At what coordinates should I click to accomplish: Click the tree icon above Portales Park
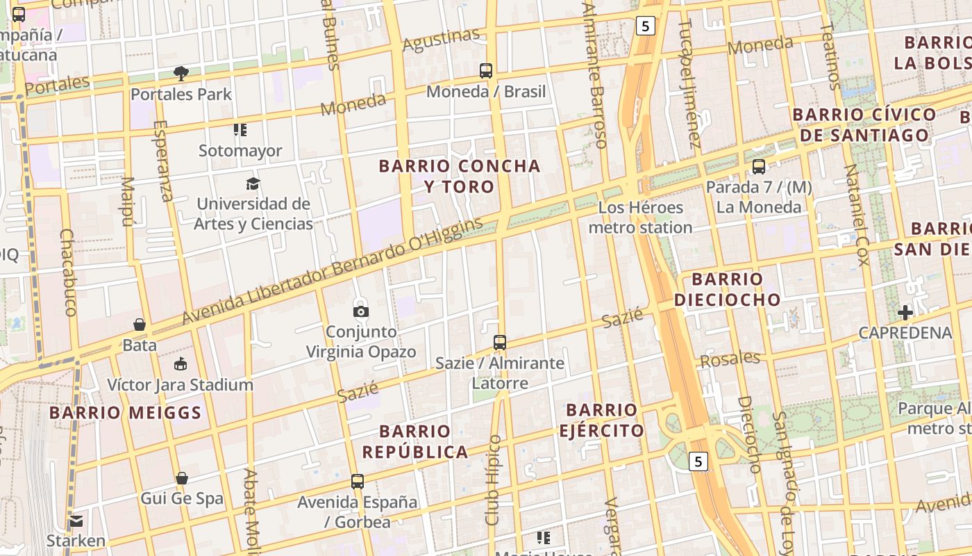tap(181, 73)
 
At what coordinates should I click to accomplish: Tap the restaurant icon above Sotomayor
tap(240, 130)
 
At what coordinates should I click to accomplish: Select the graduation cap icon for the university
tap(253, 183)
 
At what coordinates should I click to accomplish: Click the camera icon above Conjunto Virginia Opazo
tap(361, 311)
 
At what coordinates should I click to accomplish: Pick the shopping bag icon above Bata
tap(140, 325)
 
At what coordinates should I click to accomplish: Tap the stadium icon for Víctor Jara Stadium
tap(181, 363)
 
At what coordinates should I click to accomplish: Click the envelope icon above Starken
tap(76, 521)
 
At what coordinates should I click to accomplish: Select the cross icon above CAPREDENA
tap(905, 312)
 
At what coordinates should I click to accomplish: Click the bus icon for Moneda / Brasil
tap(486, 70)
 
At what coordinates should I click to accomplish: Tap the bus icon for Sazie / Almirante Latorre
tap(500, 342)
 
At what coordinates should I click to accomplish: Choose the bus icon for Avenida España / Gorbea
tap(358, 481)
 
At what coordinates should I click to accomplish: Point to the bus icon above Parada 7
tap(759, 167)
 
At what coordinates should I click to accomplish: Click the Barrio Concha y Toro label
tap(460, 176)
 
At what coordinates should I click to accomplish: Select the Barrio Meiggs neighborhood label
tap(125, 413)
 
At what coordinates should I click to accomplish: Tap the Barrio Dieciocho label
tap(727, 289)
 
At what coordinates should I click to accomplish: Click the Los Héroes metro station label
tap(640, 218)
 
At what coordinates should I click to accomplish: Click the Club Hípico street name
tap(493, 480)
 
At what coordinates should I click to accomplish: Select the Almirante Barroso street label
tap(595, 76)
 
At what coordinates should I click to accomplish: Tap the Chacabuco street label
tap(69, 272)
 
